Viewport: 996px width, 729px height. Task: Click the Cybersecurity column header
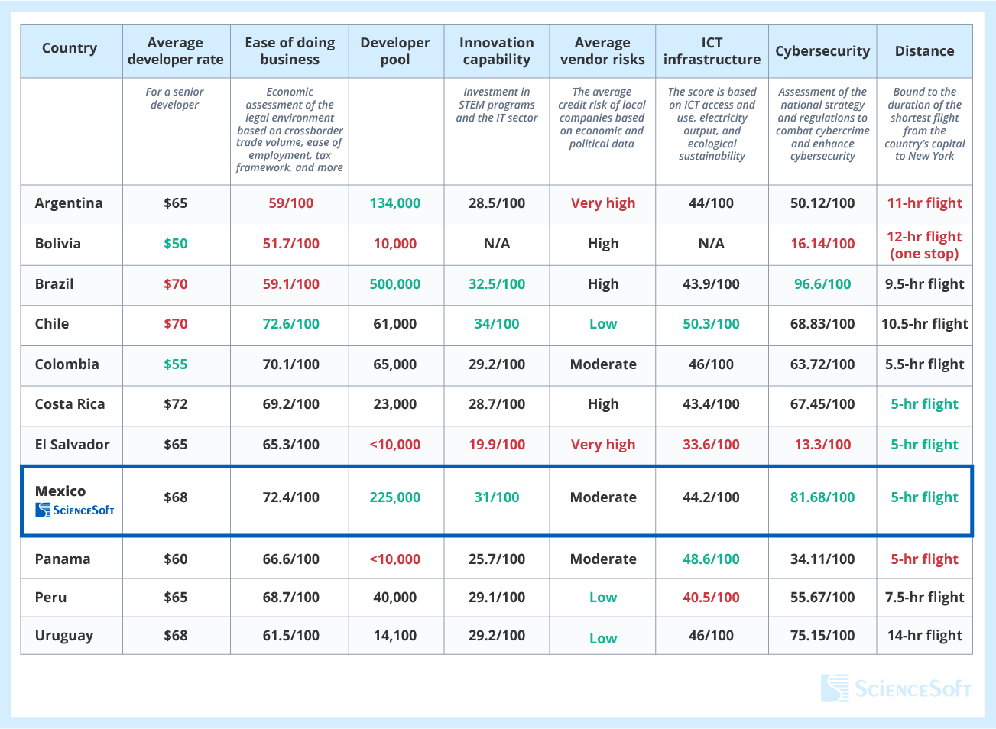[822, 51]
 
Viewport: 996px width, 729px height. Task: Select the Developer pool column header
[395, 51]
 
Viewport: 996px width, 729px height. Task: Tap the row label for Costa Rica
[70, 404]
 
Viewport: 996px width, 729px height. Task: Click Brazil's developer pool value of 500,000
[395, 284]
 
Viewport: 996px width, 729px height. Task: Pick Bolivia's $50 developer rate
[175, 244]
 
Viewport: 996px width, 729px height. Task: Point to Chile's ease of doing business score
[290, 324]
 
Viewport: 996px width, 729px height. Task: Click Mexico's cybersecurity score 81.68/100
[822, 497]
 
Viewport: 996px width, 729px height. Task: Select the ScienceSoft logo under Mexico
[75, 510]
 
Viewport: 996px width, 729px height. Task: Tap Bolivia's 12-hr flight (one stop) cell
[924, 245]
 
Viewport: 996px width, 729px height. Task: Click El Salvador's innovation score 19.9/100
[497, 445]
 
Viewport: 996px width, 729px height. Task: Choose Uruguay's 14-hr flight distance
[924, 636]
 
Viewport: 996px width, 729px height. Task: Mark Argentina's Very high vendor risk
[603, 203]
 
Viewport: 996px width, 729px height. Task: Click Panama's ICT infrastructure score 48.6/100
[711, 559]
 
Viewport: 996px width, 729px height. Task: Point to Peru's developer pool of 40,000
[395, 598]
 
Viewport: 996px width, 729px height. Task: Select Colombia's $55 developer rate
[175, 364]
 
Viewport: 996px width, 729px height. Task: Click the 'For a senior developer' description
[175, 99]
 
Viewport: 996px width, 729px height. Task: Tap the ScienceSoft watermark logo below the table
[896, 688]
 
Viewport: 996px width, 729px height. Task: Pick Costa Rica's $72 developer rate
[175, 404]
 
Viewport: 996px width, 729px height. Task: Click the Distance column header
[924, 51]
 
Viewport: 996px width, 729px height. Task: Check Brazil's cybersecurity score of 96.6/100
[822, 284]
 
